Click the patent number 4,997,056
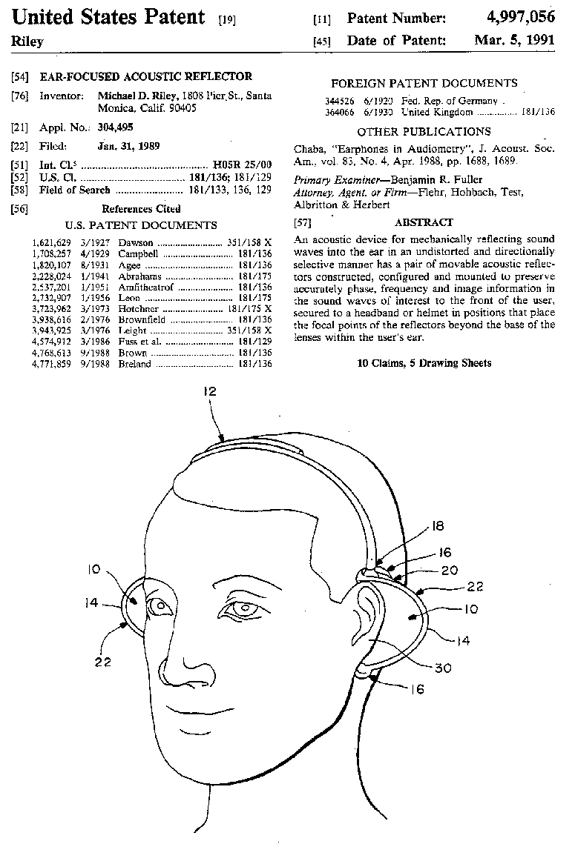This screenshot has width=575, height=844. (515, 18)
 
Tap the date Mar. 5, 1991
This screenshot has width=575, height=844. (515, 40)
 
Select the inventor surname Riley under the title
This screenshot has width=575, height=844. (27, 41)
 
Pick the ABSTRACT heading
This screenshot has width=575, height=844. (424, 222)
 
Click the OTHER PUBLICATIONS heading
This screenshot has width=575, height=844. (424, 132)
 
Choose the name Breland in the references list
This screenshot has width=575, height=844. (135, 364)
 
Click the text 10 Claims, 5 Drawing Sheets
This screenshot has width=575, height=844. (424, 363)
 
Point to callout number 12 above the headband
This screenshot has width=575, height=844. (211, 406)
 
